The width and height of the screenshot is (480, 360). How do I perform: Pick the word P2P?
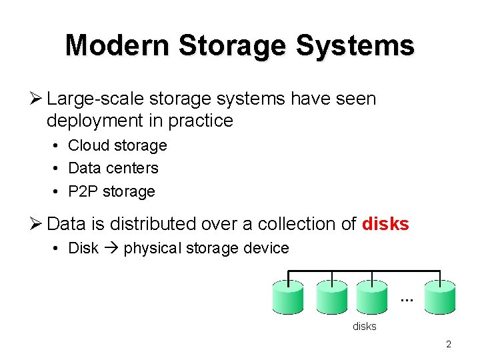(x=83, y=191)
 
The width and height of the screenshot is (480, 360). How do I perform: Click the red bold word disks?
(x=385, y=224)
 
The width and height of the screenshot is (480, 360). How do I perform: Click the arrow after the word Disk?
(x=111, y=249)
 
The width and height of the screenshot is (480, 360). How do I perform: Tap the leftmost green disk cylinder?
(x=288, y=297)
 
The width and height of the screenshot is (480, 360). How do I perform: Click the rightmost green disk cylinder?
(x=440, y=297)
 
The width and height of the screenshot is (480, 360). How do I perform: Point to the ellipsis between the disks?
(x=407, y=301)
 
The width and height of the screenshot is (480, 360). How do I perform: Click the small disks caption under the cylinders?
(x=365, y=326)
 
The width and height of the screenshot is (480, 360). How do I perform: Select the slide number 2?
(x=449, y=345)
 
